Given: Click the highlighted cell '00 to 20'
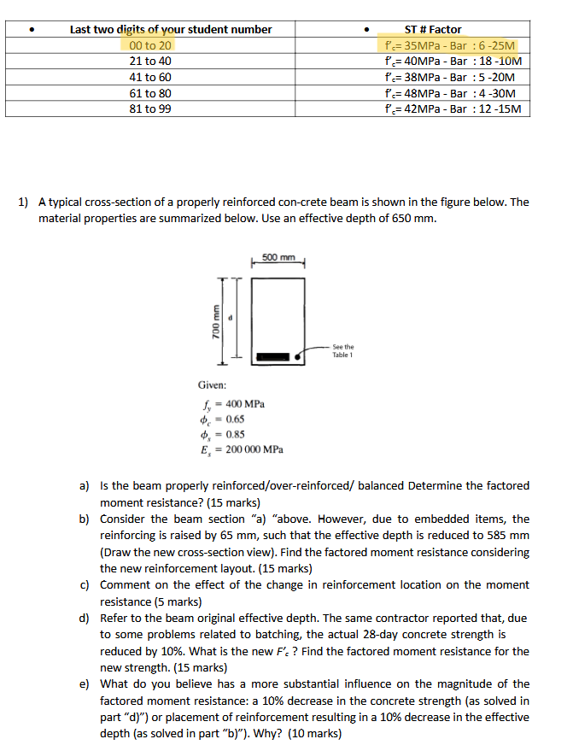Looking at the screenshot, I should click(x=150, y=45).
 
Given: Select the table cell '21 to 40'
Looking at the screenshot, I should click(x=150, y=61).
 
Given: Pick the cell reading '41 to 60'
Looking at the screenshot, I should click(x=150, y=77).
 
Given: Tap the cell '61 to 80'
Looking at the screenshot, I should click(x=150, y=93).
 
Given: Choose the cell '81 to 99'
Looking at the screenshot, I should click(x=150, y=109).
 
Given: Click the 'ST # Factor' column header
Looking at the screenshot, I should click(x=432, y=29).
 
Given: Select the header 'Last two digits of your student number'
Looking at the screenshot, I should click(x=171, y=29).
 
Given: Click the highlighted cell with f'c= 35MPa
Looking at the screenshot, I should click(x=450, y=45).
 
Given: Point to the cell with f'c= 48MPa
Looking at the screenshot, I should click(x=450, y=93).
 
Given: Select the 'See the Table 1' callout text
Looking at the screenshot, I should click(x=342, y=351).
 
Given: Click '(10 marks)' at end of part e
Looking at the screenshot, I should click(x=314, y=733).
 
